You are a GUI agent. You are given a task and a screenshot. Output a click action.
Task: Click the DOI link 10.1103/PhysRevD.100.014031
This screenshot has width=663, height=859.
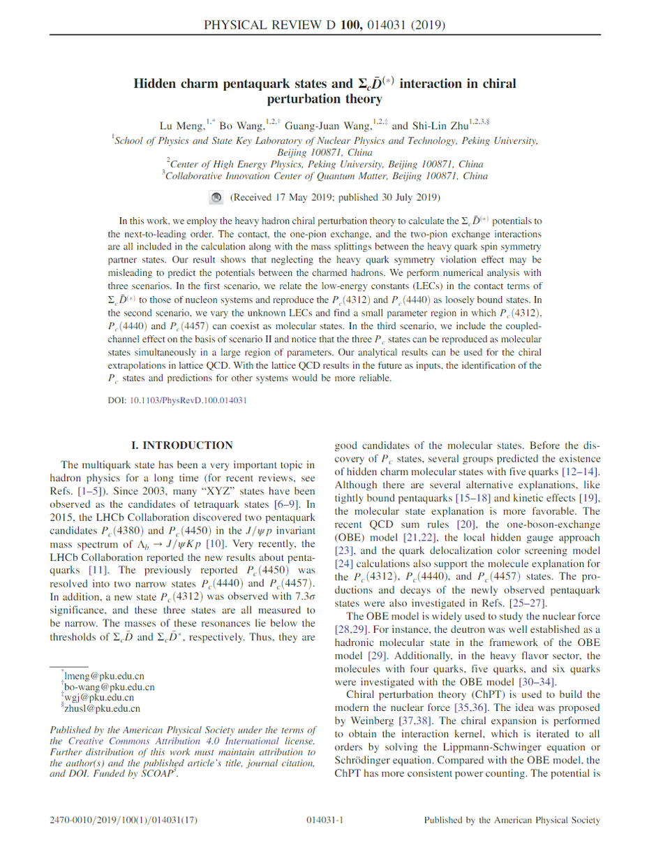click(x=187, y=401)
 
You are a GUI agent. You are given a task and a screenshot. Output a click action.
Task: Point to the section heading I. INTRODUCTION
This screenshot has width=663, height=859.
click(x=183, y=445)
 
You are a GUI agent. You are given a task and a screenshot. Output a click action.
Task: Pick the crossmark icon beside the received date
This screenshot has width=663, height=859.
click(x=216, y=198)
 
